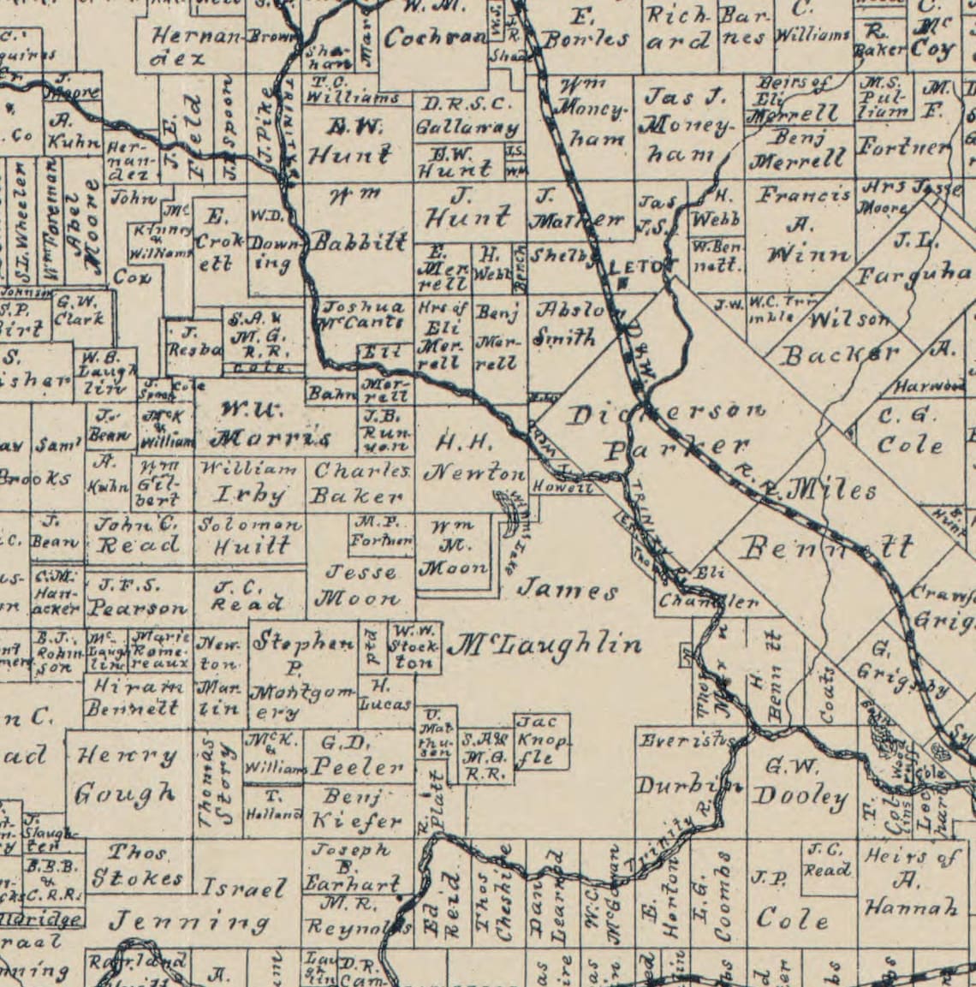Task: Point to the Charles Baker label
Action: (x=360, y=483)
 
